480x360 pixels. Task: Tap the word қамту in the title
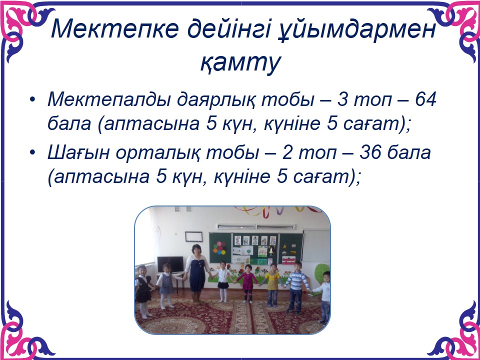coord(240,63)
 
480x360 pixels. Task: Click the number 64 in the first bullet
coord(425,100)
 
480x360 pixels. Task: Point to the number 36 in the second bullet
coord(369,152)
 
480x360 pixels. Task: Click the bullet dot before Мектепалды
coord(33,100)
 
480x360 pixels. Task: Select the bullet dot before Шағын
coord(33,153)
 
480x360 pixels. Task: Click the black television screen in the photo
coord(170,264)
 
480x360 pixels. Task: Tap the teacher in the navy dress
coord(197,273)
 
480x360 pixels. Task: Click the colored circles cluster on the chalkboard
coord(219,247)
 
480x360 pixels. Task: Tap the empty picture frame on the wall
coord(193,236)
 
